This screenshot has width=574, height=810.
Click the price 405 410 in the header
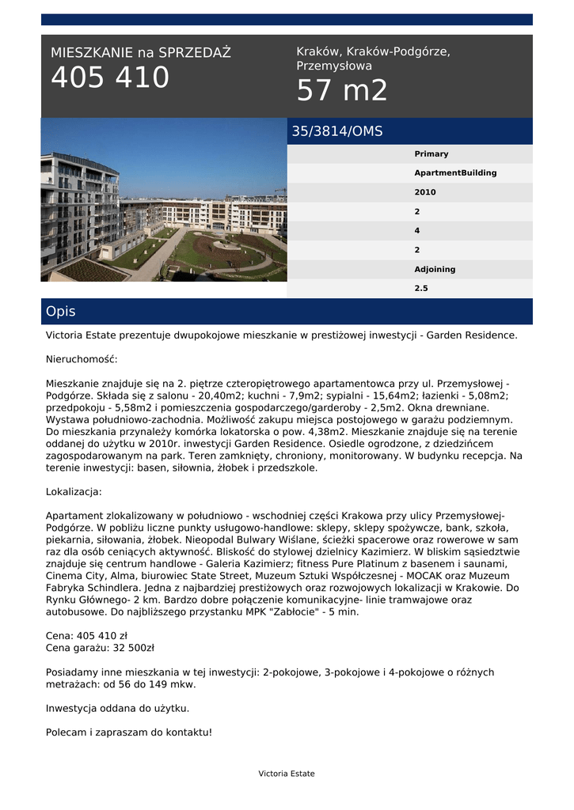click(110, 78)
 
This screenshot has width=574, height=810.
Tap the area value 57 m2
click(342, 91)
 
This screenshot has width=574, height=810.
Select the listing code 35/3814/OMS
click(337, 131)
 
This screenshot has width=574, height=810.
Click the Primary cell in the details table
click(431, 154)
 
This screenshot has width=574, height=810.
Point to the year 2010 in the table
click(425, 192)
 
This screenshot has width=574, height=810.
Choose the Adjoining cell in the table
click(435, 269)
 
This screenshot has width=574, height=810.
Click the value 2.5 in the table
click(421, 289)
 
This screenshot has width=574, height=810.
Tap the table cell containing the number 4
click(417, 231)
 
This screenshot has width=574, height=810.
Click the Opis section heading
click(60, 312)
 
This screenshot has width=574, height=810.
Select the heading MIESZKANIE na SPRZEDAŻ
click(141, 53)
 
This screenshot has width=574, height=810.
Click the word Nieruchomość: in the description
click(82, 359)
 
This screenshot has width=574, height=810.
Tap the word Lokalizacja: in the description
click(74, 492)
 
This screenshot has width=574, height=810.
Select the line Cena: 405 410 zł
click(86, 635)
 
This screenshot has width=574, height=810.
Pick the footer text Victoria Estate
click(287, 774)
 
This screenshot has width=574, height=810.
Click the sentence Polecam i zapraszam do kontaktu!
click(129, 732)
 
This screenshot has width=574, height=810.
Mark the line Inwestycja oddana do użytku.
click(117, 708)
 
